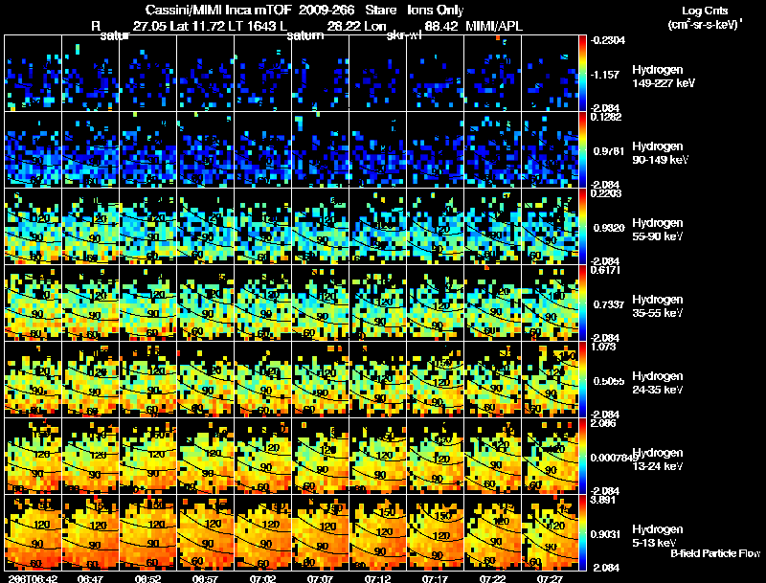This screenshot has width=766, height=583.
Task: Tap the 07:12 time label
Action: click(378, 578)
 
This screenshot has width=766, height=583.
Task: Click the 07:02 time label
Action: click(261, 578)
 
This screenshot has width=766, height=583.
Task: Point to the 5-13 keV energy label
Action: click(655, 543)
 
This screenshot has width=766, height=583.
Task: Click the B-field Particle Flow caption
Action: click(714, 553)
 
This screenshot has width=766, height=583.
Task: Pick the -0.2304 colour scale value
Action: click(610, 40)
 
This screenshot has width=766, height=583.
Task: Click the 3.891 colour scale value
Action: click(610, 500)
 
